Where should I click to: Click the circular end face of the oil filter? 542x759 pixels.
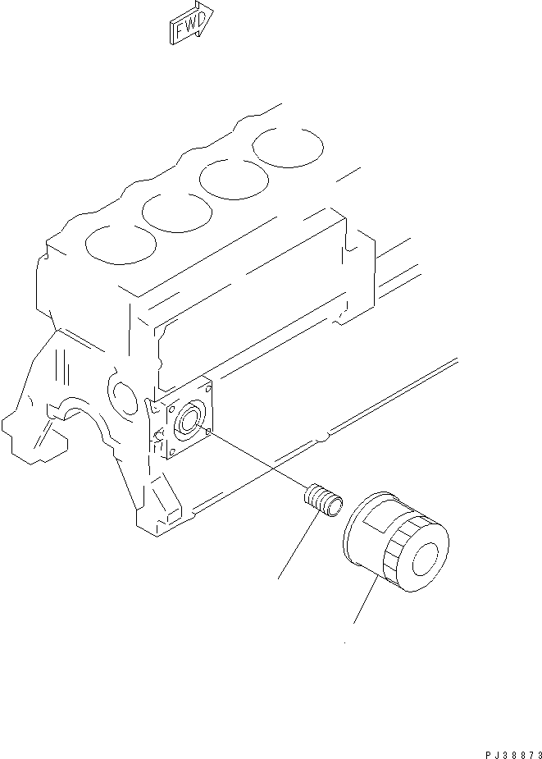coord(428,559)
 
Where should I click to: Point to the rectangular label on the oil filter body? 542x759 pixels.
coord(382,518)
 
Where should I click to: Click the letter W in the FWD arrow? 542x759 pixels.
coord(189,27)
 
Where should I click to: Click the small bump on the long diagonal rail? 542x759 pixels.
coord(325,436)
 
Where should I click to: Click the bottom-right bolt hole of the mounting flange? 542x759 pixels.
coord(209,430)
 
